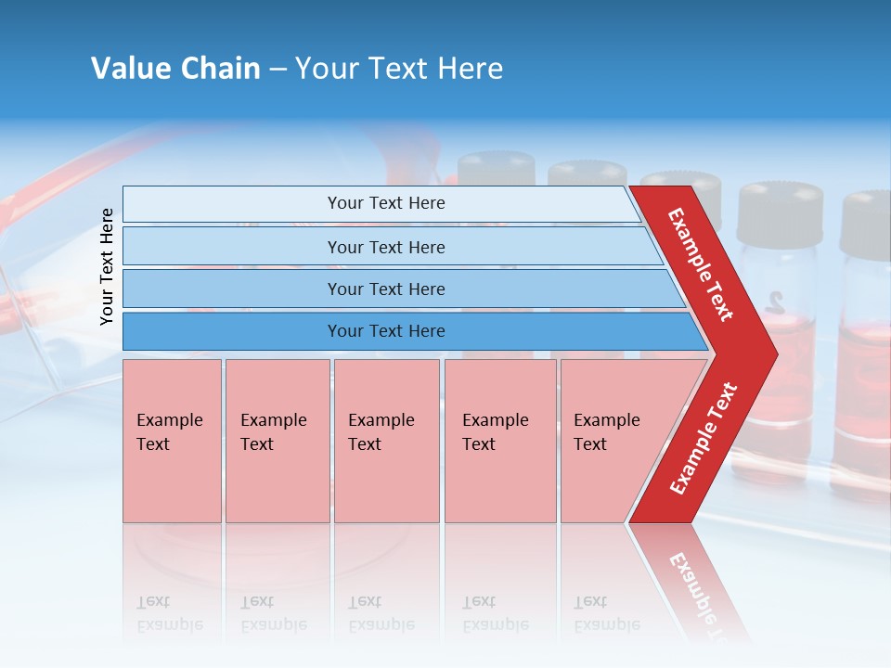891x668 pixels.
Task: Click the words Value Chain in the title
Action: pyautogui.click(x=175, y=69)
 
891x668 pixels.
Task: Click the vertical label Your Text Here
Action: pyautogui.click(x=108, y=266)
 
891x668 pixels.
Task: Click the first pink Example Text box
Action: pyautogui.click(x=172, y=441)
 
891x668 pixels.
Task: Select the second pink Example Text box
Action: pyautogui.click(x=277, y=441)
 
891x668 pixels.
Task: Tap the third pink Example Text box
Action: pyautogui.click(x=386, y=441)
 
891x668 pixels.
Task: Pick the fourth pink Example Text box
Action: pyautogui.click(x=500, y=441)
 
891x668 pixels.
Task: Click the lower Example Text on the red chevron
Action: pyautogui.click(x=704, y=438)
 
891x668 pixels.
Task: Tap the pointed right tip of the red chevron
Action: pyautogui.click(x=772, y=353)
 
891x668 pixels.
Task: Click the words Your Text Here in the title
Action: pyautogui.click(x=399, y=69)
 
